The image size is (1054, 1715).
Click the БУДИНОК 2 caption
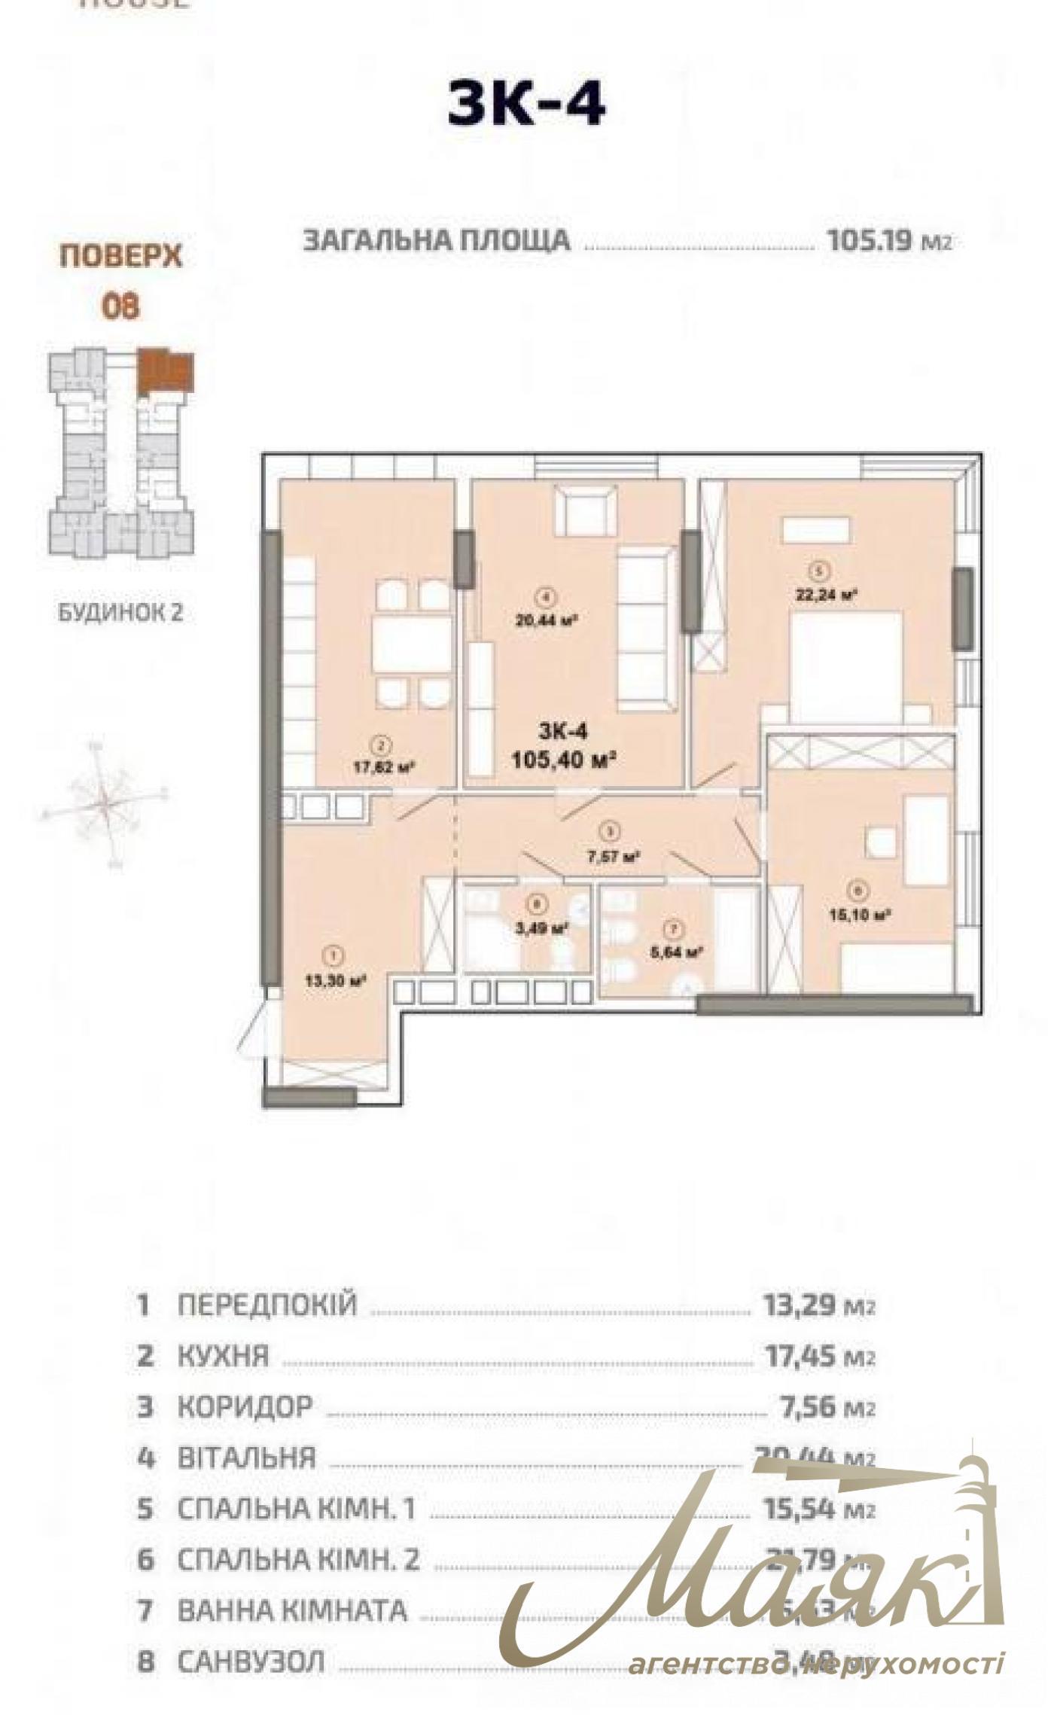[x=120, y=613]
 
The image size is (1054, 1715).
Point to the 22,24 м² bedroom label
[x=826, y=595]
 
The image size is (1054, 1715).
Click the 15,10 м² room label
[x=861, y=916]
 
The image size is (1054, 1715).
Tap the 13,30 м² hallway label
[x=335, y=980]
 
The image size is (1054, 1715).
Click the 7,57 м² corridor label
[x=611, y=857]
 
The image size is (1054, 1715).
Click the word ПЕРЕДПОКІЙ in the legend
[x=267, y=1305]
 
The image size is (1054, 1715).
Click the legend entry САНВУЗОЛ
[x=251, y=1661]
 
